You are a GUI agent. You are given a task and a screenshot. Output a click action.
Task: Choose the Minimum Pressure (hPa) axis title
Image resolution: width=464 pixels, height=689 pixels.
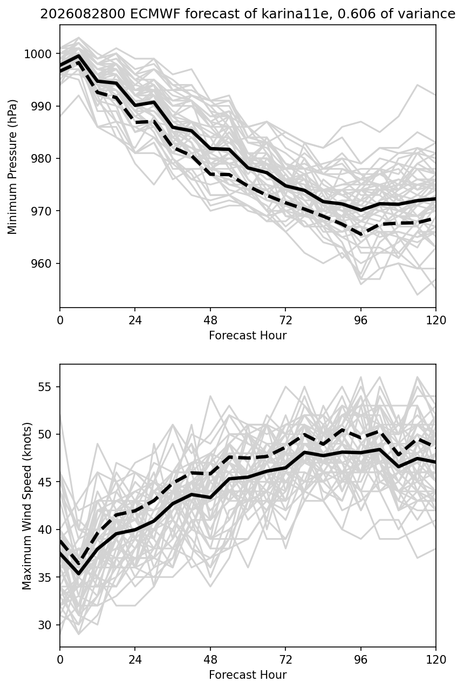tap(12, 166)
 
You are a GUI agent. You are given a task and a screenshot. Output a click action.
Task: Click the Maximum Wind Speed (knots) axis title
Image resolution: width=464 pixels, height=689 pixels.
tap(27, 506)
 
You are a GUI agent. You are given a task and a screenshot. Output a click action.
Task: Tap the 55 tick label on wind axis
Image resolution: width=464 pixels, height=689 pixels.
tap(45, 387)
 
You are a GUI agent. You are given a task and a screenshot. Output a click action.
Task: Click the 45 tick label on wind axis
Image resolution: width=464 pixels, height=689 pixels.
tap(45, 482)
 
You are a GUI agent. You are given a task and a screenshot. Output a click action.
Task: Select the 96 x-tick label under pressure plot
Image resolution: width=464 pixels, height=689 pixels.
tap(361, 321)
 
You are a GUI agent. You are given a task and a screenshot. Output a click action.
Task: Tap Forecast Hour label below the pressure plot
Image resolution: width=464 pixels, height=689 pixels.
tap(248, 335)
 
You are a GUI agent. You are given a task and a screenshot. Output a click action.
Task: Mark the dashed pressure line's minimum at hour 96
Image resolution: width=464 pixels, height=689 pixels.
tap(361, 235)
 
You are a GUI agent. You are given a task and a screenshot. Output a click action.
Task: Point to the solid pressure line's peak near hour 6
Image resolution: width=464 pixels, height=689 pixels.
tap(79, 55)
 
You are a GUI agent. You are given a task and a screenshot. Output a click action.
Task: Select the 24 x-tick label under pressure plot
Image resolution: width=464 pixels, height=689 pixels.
tap(135, 321)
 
